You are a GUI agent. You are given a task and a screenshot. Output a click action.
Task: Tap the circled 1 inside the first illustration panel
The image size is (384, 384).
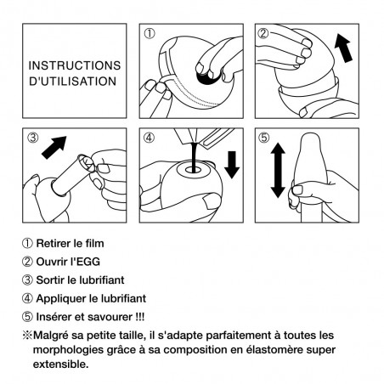pyautogui.click(x=150, y=35)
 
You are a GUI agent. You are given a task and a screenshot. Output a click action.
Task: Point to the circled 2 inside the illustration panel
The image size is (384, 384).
pyautogui.click(x=263, y=35)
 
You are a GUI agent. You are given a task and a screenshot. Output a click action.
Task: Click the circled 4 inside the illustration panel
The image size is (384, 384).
pyautogui.click(x=150, y=137)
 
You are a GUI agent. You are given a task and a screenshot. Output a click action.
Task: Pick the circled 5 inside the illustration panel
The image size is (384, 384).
pyautogui.click(x=263, y=137)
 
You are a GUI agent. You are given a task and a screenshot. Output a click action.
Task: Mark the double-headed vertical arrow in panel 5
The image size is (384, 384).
pyautogui.click(x=278, y=171)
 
